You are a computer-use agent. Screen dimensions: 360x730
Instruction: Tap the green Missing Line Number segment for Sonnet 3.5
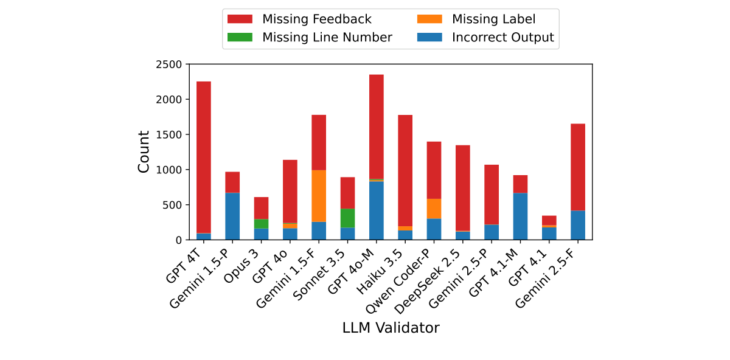coord(347,218)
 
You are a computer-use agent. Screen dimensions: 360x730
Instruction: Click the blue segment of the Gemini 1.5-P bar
coord(232,216)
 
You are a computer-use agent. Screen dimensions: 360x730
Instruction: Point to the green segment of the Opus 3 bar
coord(261,223)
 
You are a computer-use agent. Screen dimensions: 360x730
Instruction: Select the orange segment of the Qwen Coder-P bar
coord(434,209)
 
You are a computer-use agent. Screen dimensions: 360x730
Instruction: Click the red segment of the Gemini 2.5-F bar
coord(578,167)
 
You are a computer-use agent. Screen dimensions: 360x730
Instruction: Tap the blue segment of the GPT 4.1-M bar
coord(520,216)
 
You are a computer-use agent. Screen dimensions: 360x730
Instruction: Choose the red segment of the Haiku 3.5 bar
coord(405,170)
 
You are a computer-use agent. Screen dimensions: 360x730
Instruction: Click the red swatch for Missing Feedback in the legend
coord(240,19)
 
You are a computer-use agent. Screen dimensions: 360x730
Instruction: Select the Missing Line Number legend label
coord(327,38)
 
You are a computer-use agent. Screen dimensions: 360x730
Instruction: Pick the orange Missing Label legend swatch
coord(429,19)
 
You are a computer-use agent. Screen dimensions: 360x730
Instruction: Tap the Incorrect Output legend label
coord(503,38)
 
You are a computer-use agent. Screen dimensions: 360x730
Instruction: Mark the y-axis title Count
coord(144,152)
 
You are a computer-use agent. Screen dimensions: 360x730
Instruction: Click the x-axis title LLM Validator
coord(391,328)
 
